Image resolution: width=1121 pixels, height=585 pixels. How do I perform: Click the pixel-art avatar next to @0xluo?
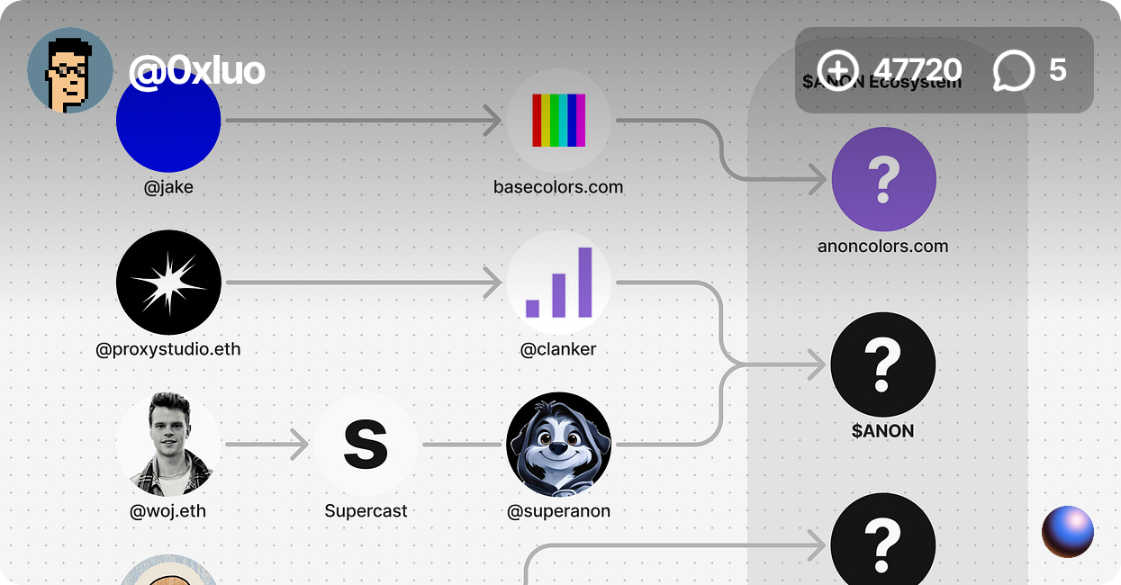(x=70, y=71)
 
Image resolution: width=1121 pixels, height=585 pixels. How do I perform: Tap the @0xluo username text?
(x=196, y=70)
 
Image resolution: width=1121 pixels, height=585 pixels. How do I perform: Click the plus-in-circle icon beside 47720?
(x=838, y=70)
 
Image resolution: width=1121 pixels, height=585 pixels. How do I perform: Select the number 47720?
(x=917, y=70)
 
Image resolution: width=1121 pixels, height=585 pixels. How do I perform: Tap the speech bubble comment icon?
(x=1014, y=70)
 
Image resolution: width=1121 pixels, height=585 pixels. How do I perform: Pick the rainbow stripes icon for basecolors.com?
(x=558, y=121)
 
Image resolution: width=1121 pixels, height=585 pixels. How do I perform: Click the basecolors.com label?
(x=558, y=187)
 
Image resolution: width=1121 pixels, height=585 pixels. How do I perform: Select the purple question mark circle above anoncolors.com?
(x=883, y=179)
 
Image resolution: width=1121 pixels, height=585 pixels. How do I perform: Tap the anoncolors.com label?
(x=882, y=246)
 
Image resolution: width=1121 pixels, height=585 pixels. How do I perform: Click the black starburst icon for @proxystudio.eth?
(x=168, y=283)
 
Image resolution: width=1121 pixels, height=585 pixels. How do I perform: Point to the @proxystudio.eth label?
(x=168, y=349)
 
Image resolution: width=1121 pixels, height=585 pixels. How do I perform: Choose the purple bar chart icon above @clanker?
(x=558, y=283)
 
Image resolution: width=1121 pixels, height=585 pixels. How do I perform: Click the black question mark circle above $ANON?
(x=882, y=364)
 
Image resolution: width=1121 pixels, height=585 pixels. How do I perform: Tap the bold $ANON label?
(x=882, y=431)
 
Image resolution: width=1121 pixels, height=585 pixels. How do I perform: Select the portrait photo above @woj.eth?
(x=168, y=445)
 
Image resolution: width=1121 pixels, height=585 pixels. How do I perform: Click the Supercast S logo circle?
(x=366, y=445)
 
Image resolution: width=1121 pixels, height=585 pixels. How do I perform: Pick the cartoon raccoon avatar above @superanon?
(x=558, y=445)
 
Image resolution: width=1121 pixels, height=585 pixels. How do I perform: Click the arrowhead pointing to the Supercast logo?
(x=300, y=445)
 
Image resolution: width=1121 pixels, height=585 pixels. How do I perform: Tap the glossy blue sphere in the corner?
(x=1068, y=532)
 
